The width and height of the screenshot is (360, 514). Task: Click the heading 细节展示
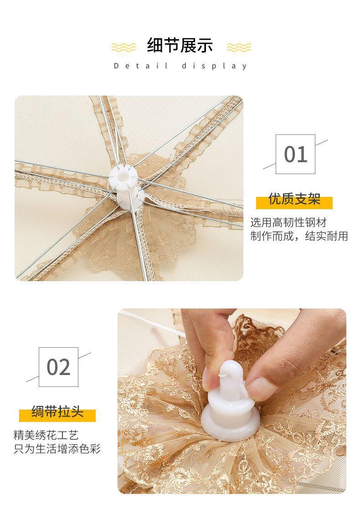pos(180,45)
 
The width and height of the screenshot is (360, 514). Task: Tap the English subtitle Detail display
pos(180,66)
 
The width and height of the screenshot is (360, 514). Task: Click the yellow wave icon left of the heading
pos(123,47)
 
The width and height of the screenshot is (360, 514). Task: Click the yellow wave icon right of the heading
pos(239,47)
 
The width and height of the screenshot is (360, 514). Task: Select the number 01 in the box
pos(295,154)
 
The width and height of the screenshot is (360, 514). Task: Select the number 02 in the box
pos(58,367)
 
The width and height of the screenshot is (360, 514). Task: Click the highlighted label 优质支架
pos(294,199)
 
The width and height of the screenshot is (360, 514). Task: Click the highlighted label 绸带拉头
pos(57,412)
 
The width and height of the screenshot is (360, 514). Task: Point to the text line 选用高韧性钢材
pos(288,222)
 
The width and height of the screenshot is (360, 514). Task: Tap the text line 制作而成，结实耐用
pos(299,236)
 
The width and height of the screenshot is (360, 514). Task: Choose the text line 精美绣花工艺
pos(46,435)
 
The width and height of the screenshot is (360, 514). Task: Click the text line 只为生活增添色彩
pos(57,449)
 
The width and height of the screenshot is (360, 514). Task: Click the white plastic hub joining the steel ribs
pos(127,187)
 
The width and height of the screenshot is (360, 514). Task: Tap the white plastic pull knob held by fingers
pos(230,404)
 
